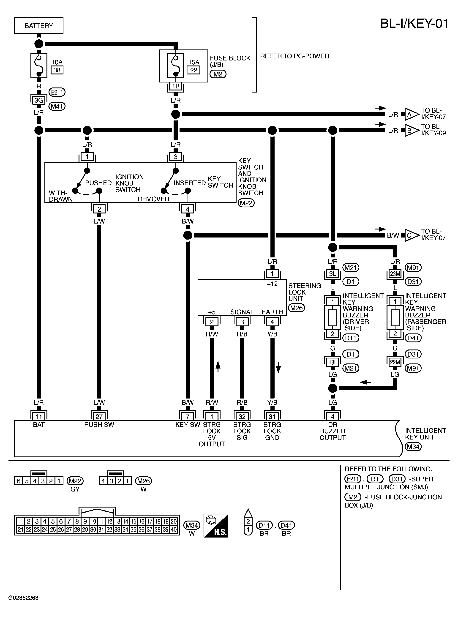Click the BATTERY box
point(38,26)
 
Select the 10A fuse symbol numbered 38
point(39,66)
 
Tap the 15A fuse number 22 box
point(194,70)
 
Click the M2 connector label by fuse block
point(218,74)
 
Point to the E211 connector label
point(57,92)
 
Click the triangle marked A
point(411,114)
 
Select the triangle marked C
point(411,235)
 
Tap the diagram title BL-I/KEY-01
point(414,24)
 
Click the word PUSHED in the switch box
point(98,183)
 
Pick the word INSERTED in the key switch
point(190,183)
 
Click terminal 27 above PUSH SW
point(99,417)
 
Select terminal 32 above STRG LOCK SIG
point(242,417)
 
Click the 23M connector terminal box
point(395,274)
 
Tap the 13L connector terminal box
point(333,362)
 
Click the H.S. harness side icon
point(216,526)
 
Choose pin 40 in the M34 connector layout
point(174,529)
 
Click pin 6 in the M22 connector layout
point(19,481)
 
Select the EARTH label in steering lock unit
point(272,312)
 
